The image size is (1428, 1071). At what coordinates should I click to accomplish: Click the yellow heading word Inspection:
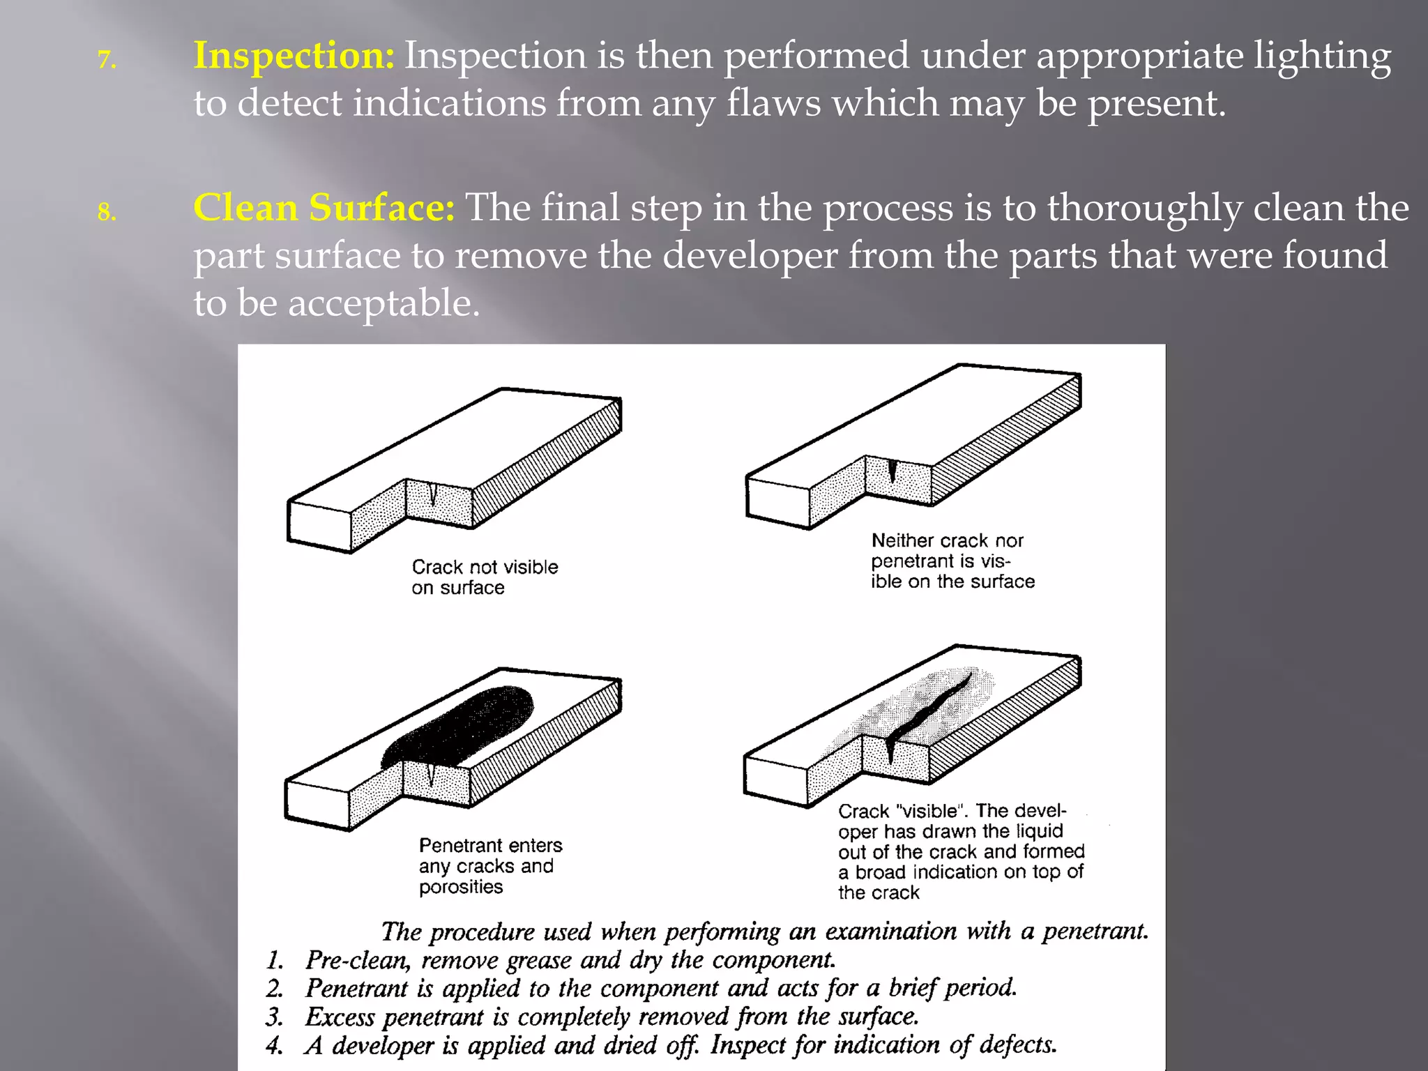click(x=294, y=56)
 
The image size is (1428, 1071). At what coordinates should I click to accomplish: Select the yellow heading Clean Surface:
click(x=324, y=208)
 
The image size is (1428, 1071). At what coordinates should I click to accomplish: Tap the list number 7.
click(x=106, y=61)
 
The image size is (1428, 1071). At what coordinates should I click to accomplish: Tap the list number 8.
click(x=106, y=212)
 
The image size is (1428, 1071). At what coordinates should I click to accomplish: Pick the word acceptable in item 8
click(x=383, y=304)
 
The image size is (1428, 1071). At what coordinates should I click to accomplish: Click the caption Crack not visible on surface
click(x=484, y=577)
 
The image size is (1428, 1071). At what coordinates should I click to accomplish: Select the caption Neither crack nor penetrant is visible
click(x=951, y=561)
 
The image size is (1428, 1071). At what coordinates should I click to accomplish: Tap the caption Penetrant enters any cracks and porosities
click(x=489, y=866)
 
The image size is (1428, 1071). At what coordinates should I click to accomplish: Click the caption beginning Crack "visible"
click(x=960, y=851)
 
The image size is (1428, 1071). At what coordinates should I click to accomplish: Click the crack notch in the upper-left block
click(x=433, y=495)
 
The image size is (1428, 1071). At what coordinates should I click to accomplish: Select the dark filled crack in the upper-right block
click(x=892, y=471)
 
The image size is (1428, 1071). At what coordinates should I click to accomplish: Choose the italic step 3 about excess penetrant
click(x=611, y=1017)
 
